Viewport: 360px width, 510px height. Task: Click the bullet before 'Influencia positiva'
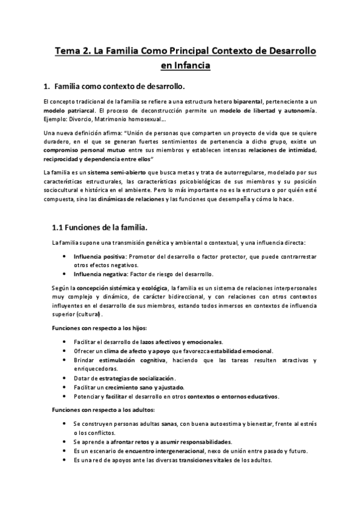(66, 257)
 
